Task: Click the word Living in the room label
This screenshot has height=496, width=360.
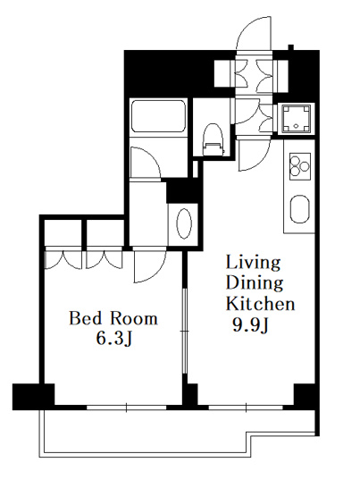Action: coord(253,263)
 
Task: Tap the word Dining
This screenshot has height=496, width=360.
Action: coord(255,283)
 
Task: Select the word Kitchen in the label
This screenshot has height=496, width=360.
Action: coord(261,303)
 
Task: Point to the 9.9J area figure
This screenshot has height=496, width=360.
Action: coord(250,325)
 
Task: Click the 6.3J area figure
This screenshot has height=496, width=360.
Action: coord(113,339)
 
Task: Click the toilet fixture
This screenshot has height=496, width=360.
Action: coord(213,139)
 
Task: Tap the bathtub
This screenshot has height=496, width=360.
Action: coord(158,116)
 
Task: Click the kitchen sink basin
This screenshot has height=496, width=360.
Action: coord(300,209)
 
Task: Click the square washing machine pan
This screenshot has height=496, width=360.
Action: coord(296,119)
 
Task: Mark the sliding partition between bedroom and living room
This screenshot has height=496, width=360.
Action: coord(185,332)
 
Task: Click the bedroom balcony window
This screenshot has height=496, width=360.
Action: coord(127,408)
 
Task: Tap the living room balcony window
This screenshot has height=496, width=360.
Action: coord(246,408)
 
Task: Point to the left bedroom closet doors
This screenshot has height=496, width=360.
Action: coord(63,259)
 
